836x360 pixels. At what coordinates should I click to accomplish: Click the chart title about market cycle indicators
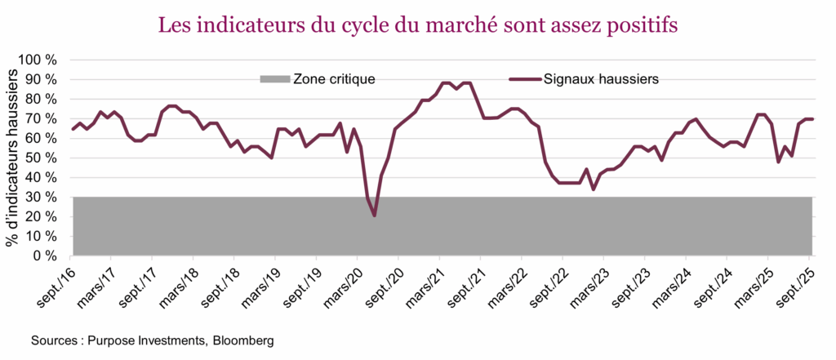[417, 26]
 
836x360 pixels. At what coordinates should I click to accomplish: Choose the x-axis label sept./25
[798, 284]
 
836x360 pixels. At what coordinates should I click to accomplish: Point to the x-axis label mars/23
[591, 284]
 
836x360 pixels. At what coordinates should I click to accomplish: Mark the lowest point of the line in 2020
[375, 216]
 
